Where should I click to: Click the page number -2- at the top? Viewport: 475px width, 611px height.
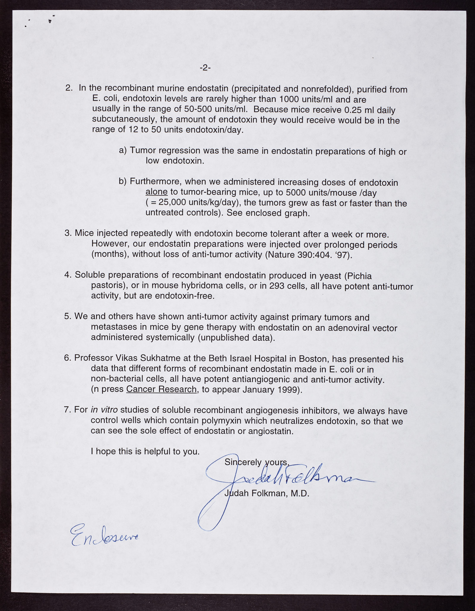tap(205, 68)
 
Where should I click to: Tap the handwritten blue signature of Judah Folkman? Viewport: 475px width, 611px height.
tap(285, 478)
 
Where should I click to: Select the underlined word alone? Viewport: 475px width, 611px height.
tap(156, 192)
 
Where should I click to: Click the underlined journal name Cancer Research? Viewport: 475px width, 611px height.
tap(161, 389)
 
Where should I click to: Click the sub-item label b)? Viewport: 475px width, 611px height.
tap(123, 181)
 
